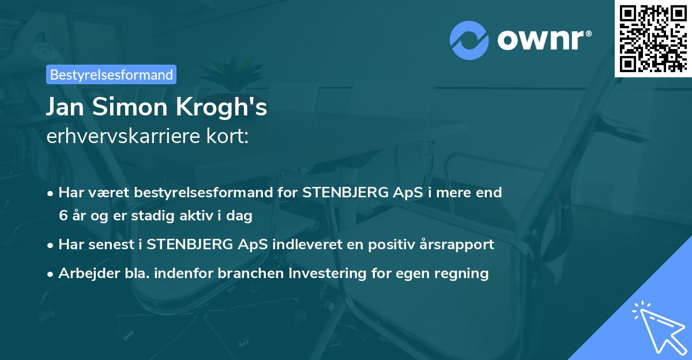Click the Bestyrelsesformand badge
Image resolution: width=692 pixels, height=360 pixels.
111,74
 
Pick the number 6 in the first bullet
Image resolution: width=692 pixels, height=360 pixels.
63,216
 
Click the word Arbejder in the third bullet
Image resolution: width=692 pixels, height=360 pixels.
84,273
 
